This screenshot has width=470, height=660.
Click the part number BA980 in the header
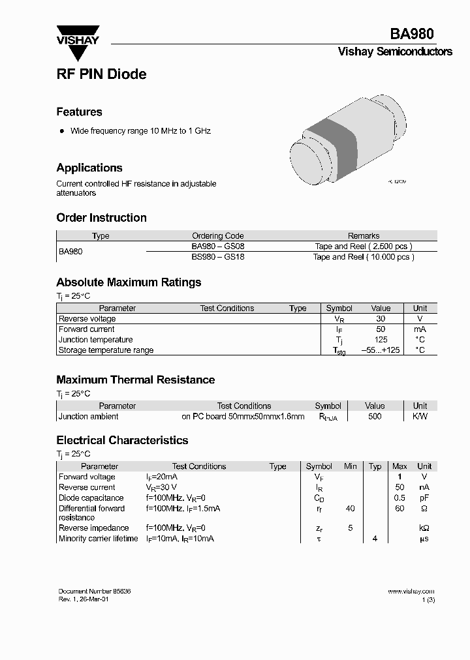(412, 34)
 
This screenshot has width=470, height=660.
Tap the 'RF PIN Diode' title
(101, 74)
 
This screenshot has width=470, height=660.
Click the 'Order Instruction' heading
(101, 218)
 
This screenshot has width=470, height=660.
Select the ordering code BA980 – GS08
(217, 247)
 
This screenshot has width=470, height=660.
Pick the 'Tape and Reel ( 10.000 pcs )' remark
(364, 257)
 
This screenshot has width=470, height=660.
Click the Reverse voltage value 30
(381, 319)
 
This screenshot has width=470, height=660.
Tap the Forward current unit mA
(420, 329)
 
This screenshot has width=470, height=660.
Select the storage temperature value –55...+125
(380, 350)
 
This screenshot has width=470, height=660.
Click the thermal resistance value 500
(375, 416)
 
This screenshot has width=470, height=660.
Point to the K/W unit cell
(420, 416)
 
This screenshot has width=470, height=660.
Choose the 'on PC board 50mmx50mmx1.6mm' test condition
(243, 416)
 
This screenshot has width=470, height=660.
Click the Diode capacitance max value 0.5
(399, 498)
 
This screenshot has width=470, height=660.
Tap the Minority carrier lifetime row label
(99, 539)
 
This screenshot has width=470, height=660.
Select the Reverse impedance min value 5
(351, 528)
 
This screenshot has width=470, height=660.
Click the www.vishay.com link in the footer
(411, 592)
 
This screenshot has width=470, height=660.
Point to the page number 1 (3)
(428, 600)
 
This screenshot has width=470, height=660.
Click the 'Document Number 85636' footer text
(95, 591)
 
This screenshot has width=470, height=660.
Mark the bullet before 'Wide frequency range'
(62, 131)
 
